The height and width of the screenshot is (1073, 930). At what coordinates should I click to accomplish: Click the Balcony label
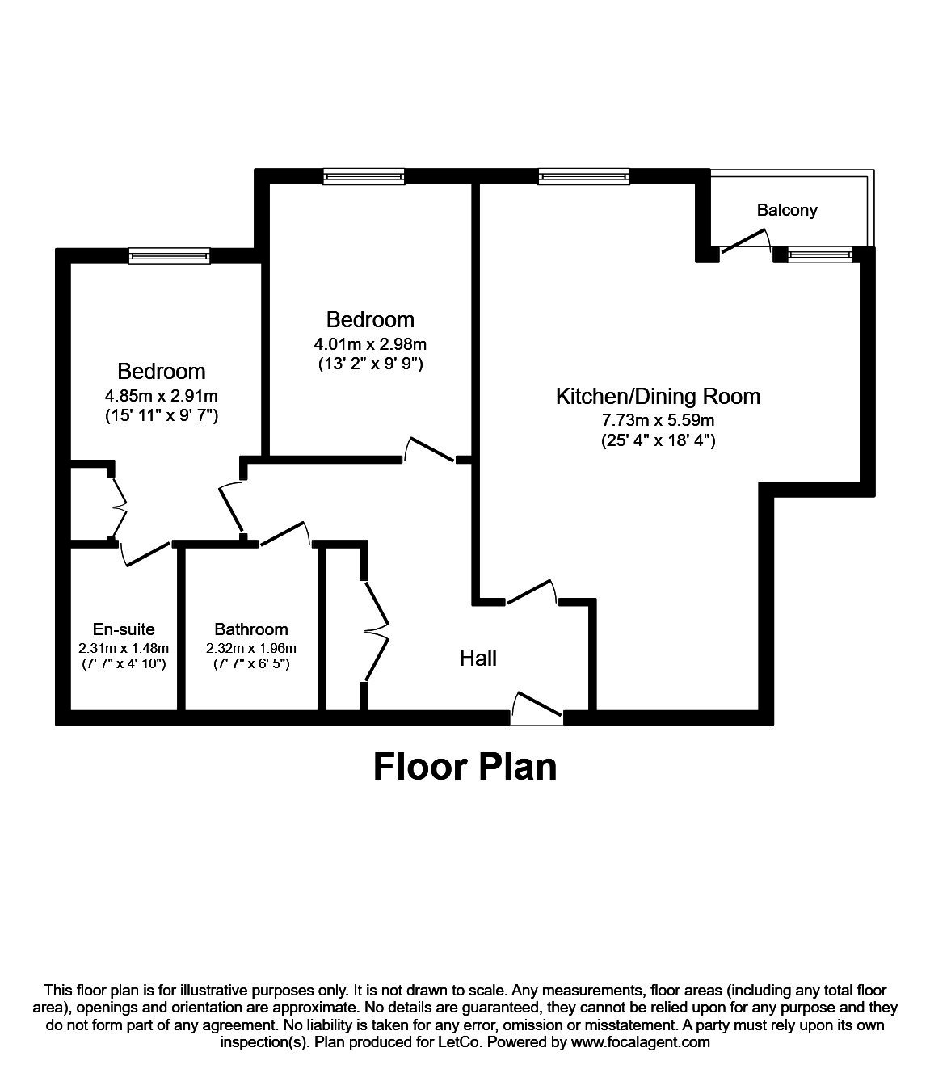click(x=786, y=210)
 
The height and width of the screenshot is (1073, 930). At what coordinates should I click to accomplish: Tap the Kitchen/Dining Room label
click(x=658, y=396)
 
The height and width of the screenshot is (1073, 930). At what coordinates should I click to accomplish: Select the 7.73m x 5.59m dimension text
click(x=658, y=420)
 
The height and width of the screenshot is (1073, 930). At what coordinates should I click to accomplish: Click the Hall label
click(x=478, y=659)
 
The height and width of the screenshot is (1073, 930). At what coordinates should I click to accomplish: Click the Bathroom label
click(x=250, y=629)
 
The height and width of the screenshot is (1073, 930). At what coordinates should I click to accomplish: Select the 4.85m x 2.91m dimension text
click(x=161, y=396)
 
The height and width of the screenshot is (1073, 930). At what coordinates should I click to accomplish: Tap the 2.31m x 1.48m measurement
click(x=124, y=648)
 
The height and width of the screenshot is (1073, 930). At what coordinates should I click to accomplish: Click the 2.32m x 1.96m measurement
click(x=250, y=648)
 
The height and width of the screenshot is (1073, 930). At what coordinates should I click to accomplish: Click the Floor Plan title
click(x=465, y=766)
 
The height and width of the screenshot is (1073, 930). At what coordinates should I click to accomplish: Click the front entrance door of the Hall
click(x=537, y=705)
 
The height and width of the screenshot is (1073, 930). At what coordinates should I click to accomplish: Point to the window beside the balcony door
click(x=819, y=255)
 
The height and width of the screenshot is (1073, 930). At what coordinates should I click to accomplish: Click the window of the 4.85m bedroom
click(x=169, y=256)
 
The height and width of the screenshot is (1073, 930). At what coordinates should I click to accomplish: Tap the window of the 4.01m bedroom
click(x=363, y=177)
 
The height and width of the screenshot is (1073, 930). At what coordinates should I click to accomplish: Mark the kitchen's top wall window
click(x=583, y=177)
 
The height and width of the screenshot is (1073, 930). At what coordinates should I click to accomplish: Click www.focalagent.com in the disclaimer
click(x=640, y=1042)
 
